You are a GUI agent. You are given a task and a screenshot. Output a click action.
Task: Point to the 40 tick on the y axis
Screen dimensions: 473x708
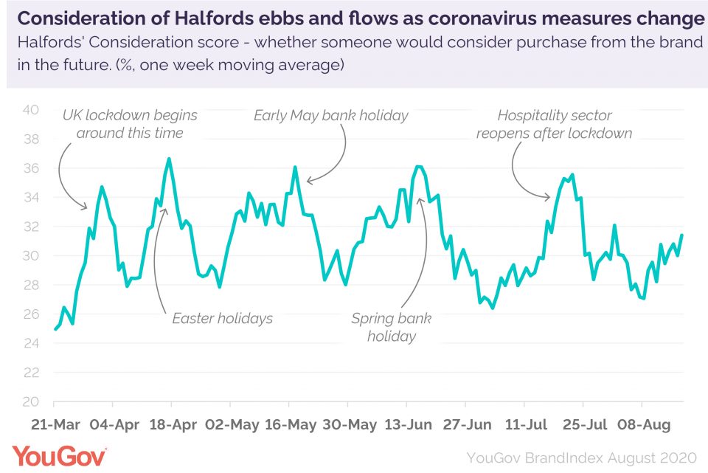click(30, 110)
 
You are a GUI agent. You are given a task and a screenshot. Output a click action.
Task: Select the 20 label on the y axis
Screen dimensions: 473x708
click(30, 402)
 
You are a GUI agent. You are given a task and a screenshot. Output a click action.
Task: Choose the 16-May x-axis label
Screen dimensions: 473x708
click(290, 425)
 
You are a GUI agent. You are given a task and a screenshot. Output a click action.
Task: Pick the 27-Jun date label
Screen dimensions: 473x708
click(465, 425)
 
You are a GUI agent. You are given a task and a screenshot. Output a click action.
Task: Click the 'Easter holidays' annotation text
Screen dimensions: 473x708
click(222, 319)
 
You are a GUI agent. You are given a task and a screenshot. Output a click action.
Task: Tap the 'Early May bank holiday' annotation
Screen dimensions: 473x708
click(330, 116)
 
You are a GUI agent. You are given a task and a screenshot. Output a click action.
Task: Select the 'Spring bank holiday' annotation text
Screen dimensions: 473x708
click(391, 328)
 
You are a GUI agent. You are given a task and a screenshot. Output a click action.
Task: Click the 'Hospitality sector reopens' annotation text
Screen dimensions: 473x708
click(555, 125)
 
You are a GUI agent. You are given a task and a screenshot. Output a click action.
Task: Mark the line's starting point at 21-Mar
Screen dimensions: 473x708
click(55, 329)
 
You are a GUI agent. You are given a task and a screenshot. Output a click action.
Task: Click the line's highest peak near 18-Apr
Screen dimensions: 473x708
click(169, 158)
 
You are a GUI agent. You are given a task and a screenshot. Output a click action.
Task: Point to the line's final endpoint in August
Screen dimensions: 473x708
click(682, 235)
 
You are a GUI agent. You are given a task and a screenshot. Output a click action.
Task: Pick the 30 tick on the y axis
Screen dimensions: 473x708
click(30, 256)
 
